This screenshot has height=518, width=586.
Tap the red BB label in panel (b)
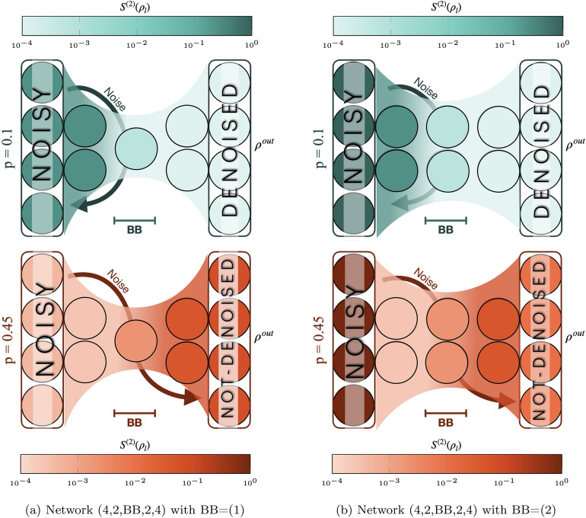(x=446, y=420)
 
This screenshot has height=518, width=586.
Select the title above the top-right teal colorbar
(x=447, y=8)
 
